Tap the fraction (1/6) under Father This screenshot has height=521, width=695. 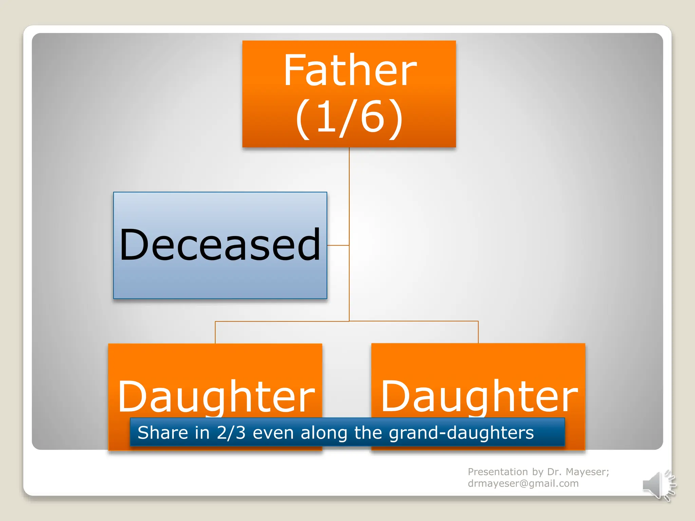pyautogui.click(x=350, y=117)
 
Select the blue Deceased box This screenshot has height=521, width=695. pyautogui.click(x=220, y=245)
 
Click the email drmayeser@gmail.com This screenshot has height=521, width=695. pyautogui.click(x=523, y=483)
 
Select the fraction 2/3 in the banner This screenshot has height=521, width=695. pyautogui.click(x=231, y=433)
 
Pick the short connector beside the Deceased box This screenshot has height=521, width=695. pyautogui.click(x=338, y=245)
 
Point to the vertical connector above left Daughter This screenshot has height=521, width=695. pyautogui.click(x=215, y=332)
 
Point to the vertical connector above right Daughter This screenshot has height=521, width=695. pyautogui.click(x=478, y=332)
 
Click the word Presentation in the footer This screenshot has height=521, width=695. pyautogui.click(x=497, y=472)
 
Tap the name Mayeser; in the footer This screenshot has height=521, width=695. pyautogui.click(x=587, y=472)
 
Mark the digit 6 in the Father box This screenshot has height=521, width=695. pyautogui.click(x=372, y=117)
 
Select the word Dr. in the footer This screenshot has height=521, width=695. pyautogui.click(x=555, y=472)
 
